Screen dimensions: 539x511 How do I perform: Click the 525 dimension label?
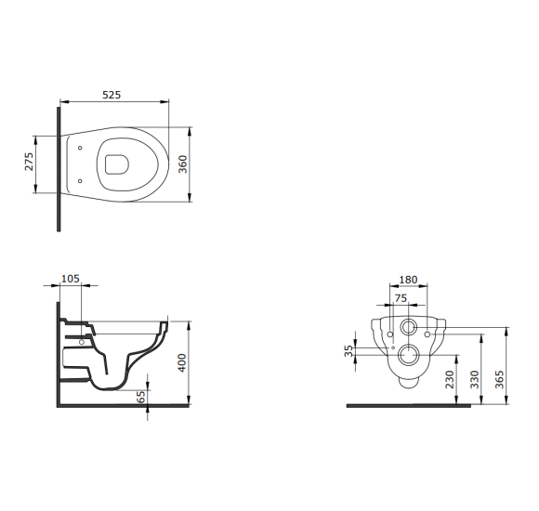112,95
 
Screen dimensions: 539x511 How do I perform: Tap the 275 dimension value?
29,162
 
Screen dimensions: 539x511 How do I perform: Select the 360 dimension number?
183,164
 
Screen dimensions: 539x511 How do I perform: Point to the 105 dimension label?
71,279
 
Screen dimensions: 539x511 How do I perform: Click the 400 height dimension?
182,362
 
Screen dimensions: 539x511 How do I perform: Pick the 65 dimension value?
141,397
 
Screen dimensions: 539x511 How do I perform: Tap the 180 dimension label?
408,280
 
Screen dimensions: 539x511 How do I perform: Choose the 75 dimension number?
401,298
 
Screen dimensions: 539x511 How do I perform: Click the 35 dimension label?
348,351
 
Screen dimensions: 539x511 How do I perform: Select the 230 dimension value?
450,379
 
